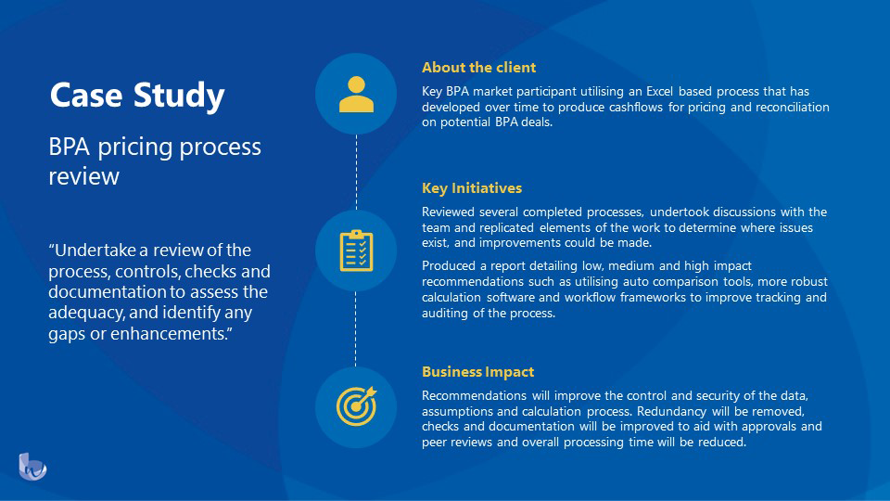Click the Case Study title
click(137, 96)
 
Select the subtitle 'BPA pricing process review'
click(155, 161)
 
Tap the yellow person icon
click(356, 94)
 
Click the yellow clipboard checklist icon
click(356, 250)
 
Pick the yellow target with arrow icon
click(356, 405)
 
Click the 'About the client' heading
click(478, 68)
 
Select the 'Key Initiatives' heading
click(472, 188)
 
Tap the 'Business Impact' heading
click(477, 372)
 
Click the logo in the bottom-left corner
click(32, 466)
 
